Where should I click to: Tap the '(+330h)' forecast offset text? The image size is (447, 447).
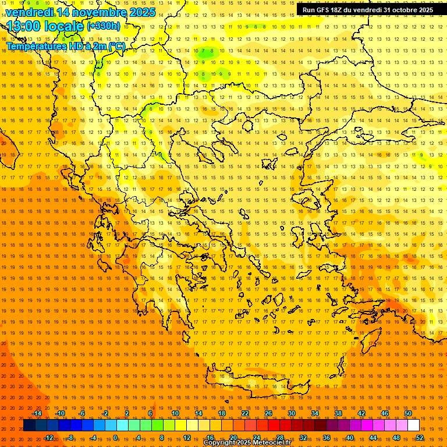tap(104, 26)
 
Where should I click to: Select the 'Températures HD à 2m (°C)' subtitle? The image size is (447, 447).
tap(65, 46)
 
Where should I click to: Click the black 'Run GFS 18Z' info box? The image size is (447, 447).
tap(367, 10)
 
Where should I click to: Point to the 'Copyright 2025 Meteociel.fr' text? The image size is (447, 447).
tap(247, 443)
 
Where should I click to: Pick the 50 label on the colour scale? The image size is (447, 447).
tap(408, 413)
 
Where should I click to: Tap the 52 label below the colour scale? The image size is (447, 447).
tap(420, 438)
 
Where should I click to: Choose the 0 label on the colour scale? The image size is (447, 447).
tap(115, 438)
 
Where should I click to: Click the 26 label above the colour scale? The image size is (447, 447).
tap(268, 413)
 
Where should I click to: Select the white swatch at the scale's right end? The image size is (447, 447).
tap(413, 425)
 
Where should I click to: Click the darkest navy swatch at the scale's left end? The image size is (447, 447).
tap(29, 425)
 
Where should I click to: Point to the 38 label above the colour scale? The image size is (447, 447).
tap(338, 413)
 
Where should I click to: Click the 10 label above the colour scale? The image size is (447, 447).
tap(175, 413)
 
